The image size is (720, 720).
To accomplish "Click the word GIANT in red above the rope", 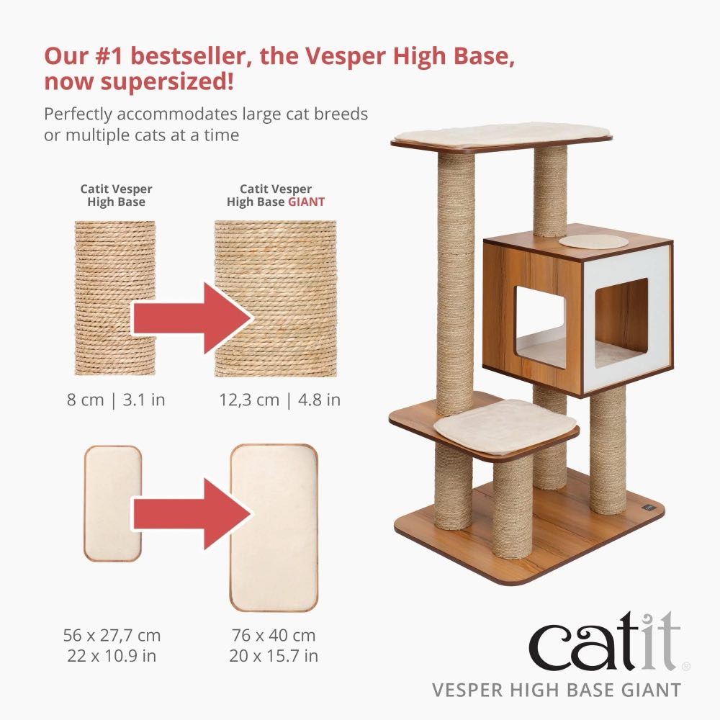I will coord(307,202).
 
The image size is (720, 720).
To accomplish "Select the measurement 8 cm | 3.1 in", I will coord(116,400).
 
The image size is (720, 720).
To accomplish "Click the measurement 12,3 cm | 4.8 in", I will coord(280,400).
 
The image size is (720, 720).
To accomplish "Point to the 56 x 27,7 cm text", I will coord(112,636).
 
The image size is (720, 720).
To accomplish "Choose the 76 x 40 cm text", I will coord(274,636).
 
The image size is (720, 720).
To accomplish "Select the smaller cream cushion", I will coord(113,503).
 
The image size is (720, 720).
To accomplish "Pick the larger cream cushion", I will coord(274,527).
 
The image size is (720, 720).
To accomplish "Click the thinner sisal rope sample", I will coord(116,298).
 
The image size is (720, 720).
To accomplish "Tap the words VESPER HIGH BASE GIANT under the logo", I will coord(556,690).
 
